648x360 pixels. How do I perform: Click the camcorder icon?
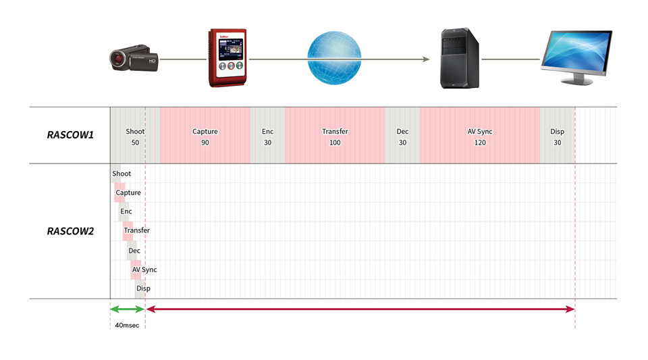point(134,58)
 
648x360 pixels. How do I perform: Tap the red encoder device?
point(227,57)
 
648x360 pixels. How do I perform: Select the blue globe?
point(334,58)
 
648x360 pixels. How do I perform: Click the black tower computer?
point(460,58)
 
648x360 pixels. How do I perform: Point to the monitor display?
point(576,57)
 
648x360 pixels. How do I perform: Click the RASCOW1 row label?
point(70,135)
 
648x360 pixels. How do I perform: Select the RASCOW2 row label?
point(70,231)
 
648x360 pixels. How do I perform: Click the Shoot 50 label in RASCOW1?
point(135,137)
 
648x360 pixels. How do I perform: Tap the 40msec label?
point(127,326)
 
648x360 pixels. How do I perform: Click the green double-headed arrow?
point(128,309)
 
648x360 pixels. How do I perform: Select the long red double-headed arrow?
point(360,309)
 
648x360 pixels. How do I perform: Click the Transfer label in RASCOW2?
point(136,230)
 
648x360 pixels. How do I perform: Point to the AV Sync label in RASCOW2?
point(144,269)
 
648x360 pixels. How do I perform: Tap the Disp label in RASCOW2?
point(143,288)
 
